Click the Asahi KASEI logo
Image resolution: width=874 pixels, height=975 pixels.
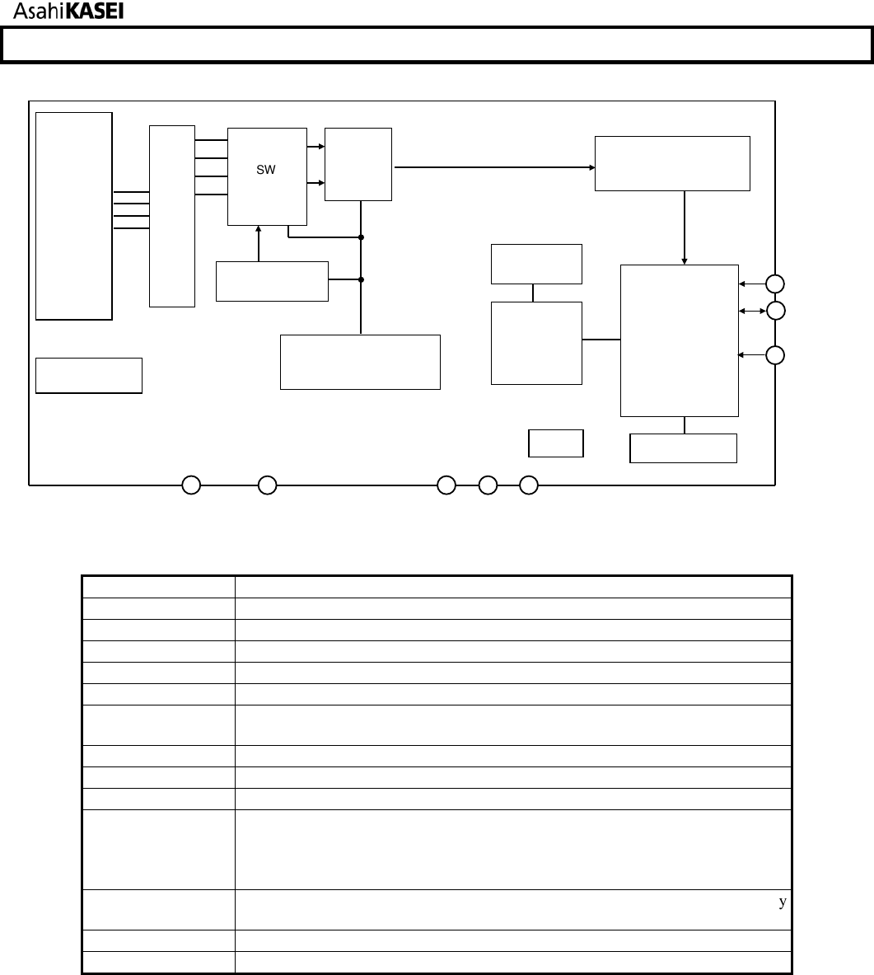(68, 12)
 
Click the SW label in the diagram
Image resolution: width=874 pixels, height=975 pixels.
(266, 170)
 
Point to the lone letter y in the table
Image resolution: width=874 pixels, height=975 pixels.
(783, 902)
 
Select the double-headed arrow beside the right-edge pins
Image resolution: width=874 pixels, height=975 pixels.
(752, 311)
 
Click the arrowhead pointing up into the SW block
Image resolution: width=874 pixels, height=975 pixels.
(259, 229)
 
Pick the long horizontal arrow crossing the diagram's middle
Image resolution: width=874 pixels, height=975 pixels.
(495, 167)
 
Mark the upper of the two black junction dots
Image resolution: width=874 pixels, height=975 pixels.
(361, 237)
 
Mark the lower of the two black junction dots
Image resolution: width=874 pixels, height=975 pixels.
(361, 280)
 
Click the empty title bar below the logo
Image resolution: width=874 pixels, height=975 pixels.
(437, 45)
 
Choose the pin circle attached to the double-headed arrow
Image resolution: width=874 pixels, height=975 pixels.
(775, 310)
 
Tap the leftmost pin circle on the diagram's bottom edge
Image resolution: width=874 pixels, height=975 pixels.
(191, 485)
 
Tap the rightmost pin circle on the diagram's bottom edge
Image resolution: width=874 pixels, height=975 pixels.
(529, 485)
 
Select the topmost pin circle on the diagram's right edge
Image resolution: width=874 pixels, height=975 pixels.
(775, 284)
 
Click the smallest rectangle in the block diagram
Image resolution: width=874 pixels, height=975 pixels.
(556, 443)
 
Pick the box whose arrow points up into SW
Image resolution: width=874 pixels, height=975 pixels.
(273, 282)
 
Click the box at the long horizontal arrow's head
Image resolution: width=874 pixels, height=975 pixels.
(673, 163)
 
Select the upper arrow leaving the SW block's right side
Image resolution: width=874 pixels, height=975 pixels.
(315, 147)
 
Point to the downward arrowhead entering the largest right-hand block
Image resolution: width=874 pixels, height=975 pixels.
(685, 261)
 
